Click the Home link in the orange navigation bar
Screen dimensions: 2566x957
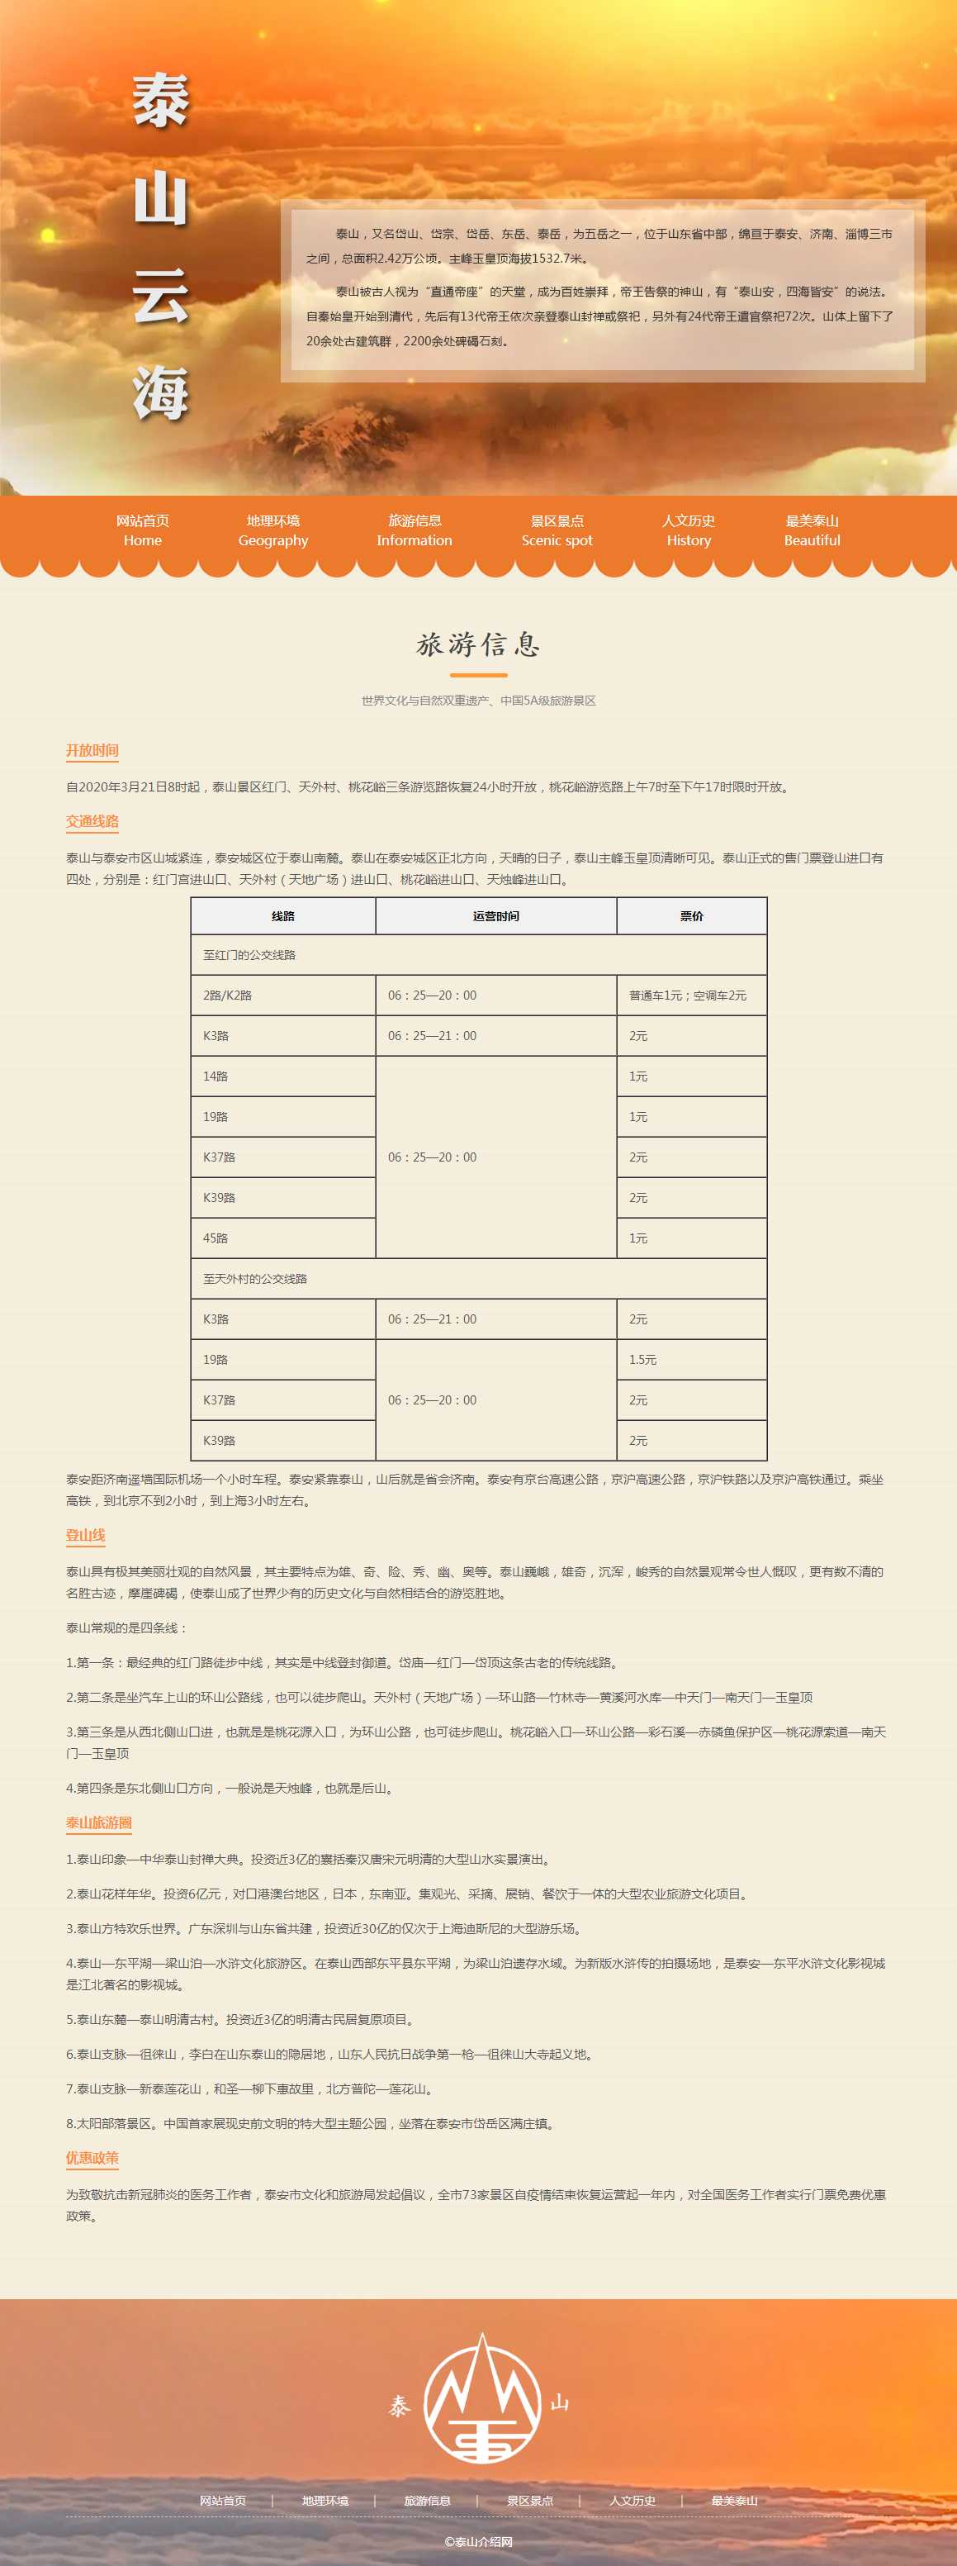pyautogui.click(x=142, y=530)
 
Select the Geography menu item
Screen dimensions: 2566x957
pyautogui.click(x=272, y=530)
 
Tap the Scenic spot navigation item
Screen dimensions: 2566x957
pyautogui.click(x=557, y=530)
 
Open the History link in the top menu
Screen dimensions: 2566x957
pyautogui.click(x=688, y=530)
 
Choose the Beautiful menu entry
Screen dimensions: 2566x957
pyautogui.click(x=812, y=530)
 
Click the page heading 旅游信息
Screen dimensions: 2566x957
pyautogui.click(x=478, y=644)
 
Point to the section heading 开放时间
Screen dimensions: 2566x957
pyautogui.click(x=92, y=750)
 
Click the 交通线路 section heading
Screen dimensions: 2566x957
pyautogui.click(x=92, y=821)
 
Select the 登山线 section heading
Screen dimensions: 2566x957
pyautogui.click(x=86, y=1535)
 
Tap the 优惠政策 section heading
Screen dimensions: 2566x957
pyautogui.click(x=92, y=2158)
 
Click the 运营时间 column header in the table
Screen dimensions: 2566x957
pyautogui.click(x=496, y=915)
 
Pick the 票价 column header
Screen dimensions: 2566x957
pyautogui.click(x=691, y=915)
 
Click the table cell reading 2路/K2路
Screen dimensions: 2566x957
pyautogui.click(x=227, y=996)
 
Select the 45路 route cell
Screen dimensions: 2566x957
pyautogui.click(x=216, y=1238)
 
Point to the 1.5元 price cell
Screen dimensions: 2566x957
pyautogui.click(x=642, y=1360)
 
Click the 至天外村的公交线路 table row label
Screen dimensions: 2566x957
pyautogui.click(x=255, y=1279)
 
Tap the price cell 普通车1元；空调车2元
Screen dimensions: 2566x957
pyautogui.click(x=687, y=996)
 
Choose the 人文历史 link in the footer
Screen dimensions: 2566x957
pyautogui.click(x=632, y=2500)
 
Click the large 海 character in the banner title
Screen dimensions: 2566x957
pyautogui.click(x=161, y=392)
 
